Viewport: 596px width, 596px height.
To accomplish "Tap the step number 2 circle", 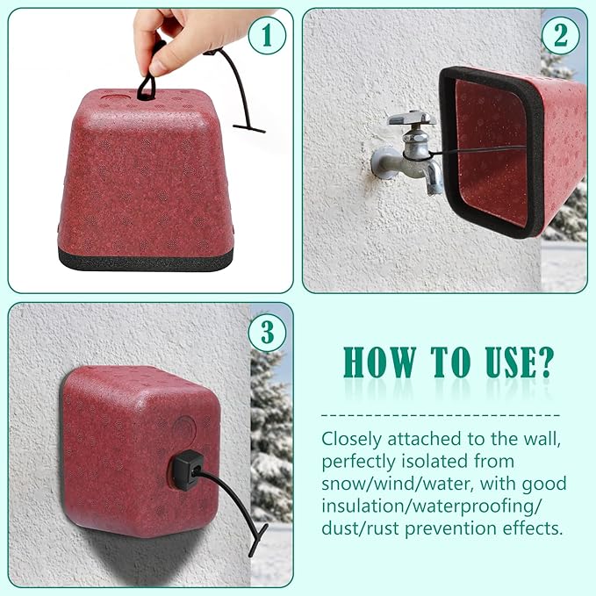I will point(559,37).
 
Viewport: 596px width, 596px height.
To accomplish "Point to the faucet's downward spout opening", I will point(433,188).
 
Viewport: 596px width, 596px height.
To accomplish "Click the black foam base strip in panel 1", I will point(145,260).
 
